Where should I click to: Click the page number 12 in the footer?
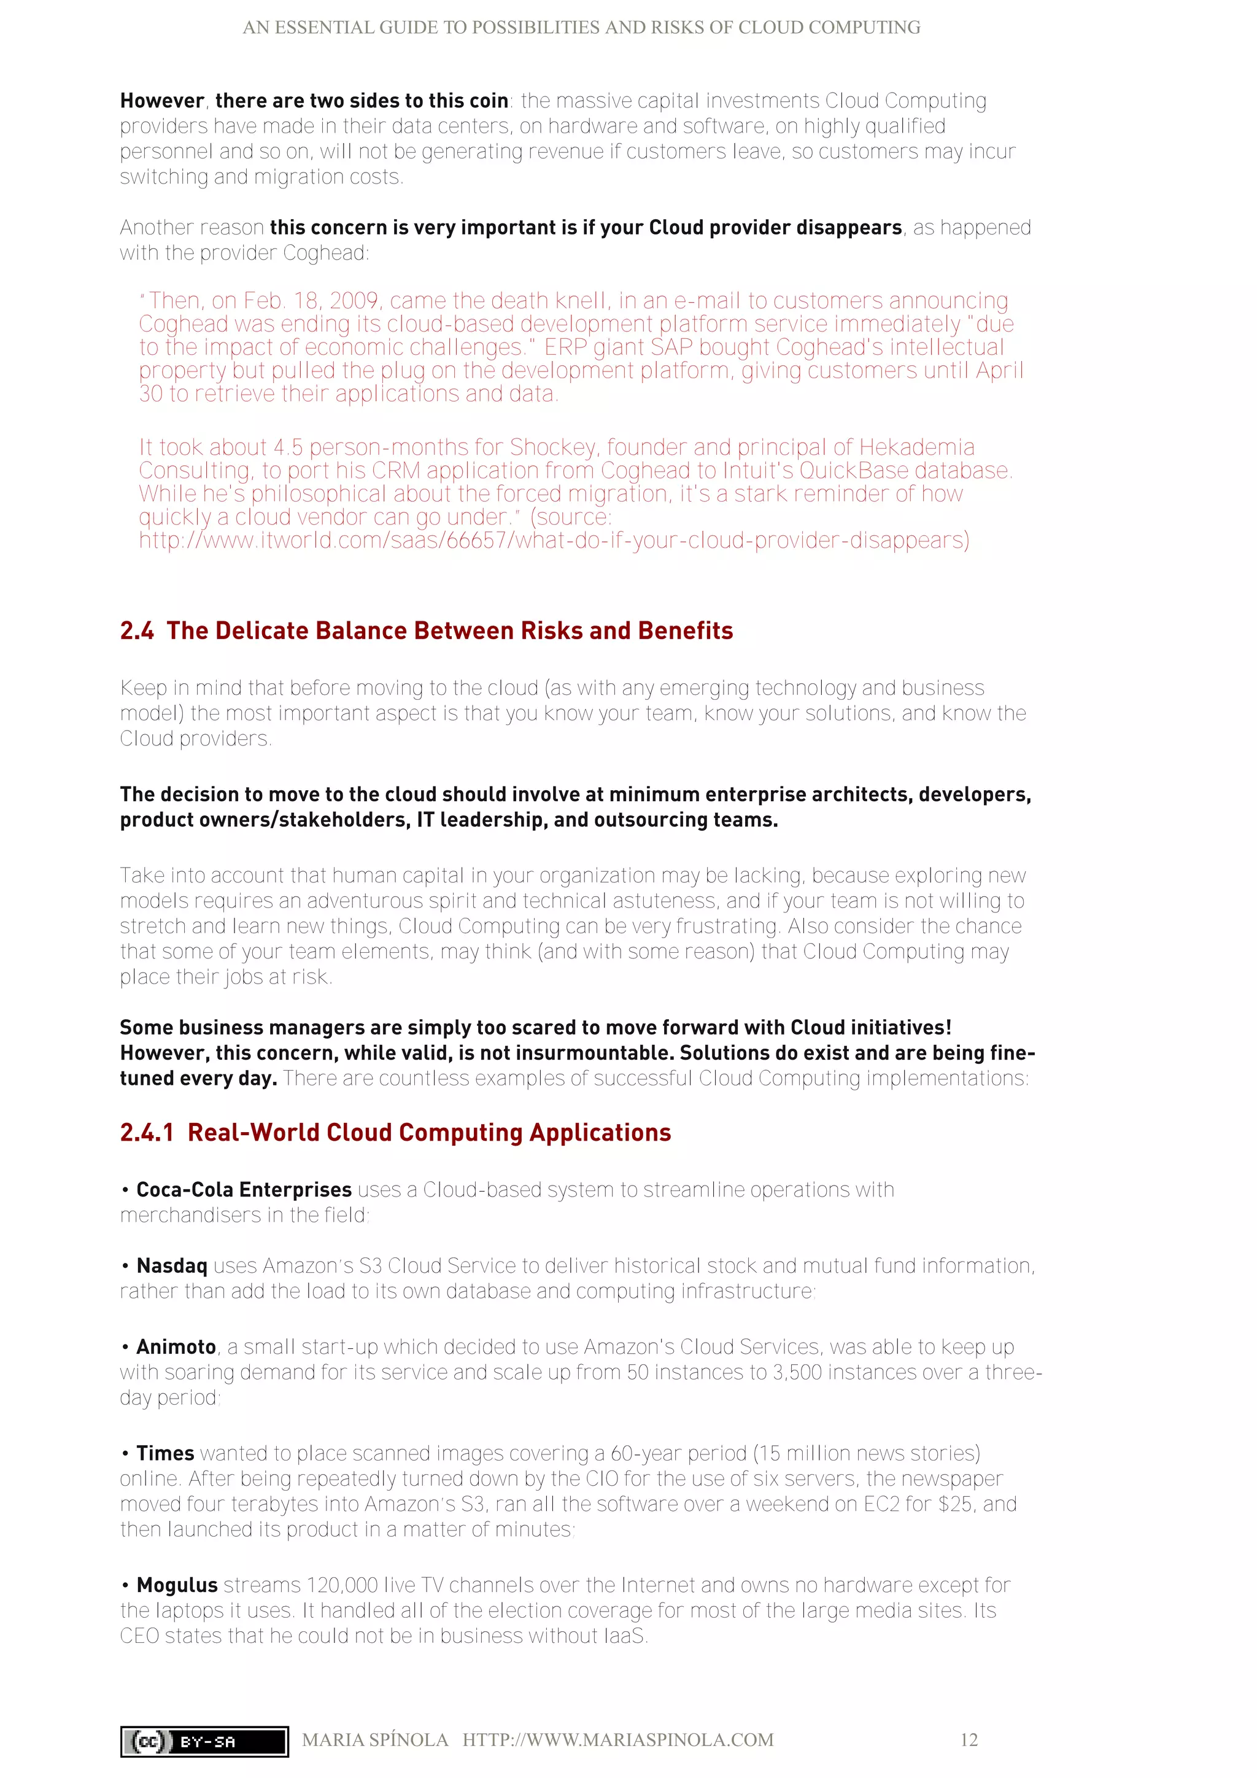pos(969,1739)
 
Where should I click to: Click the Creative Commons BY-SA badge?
pos(204,1741)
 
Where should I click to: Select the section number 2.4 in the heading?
pos(137,631)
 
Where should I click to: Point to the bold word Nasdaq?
pos(172,1265)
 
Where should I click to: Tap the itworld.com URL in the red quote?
pos(554,540)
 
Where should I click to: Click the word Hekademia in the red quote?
pos(916,448)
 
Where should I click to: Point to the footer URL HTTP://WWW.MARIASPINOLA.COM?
pos(617,1739)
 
